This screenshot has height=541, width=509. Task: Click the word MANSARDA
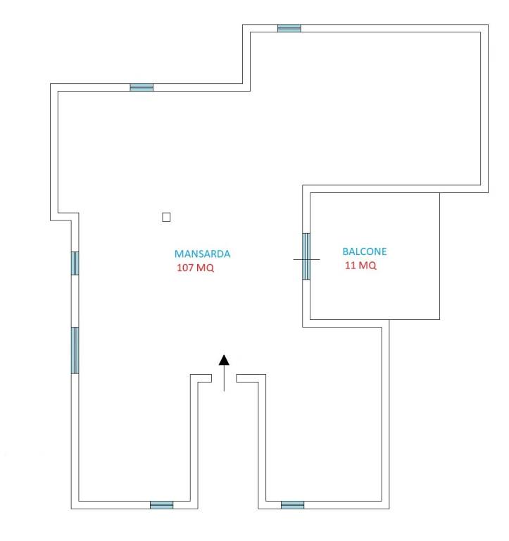click(x=202, y=254)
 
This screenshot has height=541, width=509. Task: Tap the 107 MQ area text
click(x=196, y=268)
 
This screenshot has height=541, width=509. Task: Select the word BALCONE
click(x=365, y=251)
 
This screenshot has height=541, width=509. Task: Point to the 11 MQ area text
click(x=360, y=265)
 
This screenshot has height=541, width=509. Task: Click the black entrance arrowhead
click(x=224, y=360)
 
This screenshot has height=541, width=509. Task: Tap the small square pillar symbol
click(x=166, y=217)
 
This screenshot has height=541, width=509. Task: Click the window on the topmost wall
click(x=289, y=28)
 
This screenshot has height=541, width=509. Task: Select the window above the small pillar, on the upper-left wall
click(x=142, y=87)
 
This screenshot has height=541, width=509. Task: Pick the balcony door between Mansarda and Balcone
click(x=306, y=256)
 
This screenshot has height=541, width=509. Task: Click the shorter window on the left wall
click(x=75, y=263)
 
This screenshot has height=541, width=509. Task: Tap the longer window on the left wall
click(x=75, y=350)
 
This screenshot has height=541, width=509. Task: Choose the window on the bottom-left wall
click(x=162, y=505)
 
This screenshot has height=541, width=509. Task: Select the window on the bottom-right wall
click(x=292, y=505)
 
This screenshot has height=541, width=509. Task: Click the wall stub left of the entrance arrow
click(x=201, y=378)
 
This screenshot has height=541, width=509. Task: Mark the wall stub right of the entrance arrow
click(x=251, y=378)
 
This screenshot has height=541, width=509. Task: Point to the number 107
click(x=184, y=268)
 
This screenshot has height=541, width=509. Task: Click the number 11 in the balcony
click(x=350, y=265)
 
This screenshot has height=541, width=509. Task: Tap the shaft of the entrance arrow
click(x=224, y=378)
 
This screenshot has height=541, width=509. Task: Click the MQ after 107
click(x=205, y=268)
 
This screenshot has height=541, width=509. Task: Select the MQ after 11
click(x=367, y=265)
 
